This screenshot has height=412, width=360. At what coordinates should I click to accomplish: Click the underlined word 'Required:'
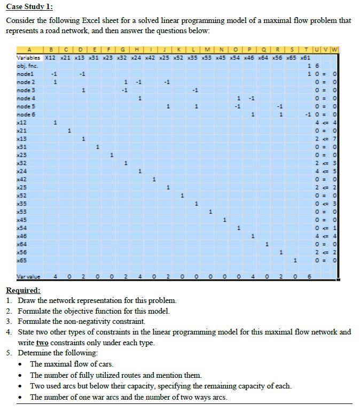point(23,291)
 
